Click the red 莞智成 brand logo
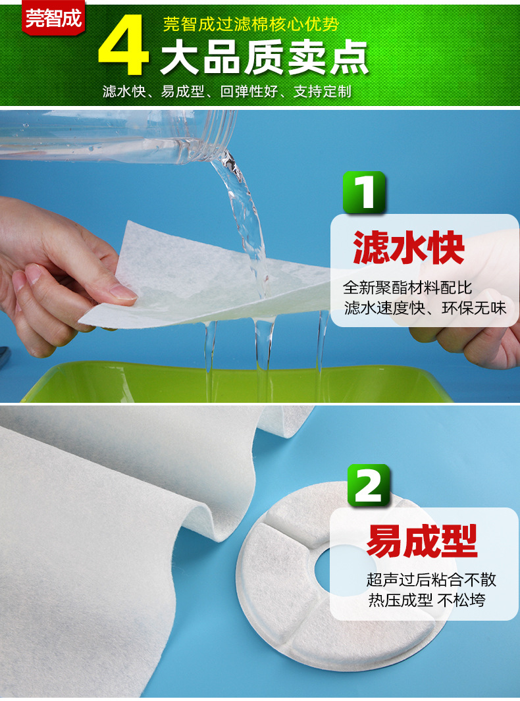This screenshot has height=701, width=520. tap(54, 18)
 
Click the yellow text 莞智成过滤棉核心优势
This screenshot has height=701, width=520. tap(251, 25)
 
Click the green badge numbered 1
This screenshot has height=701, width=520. tap(364, 192)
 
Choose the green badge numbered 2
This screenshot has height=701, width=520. tap(369, 485)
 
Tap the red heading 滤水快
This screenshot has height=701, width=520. tap(409, 247)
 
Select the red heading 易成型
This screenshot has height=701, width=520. tap(422, 541)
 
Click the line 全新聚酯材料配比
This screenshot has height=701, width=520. tap(408, 288)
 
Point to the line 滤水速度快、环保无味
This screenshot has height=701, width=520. tap(425, 307)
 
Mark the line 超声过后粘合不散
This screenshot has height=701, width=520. tap(431, 580)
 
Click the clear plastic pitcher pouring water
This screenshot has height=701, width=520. tap(118, 135)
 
